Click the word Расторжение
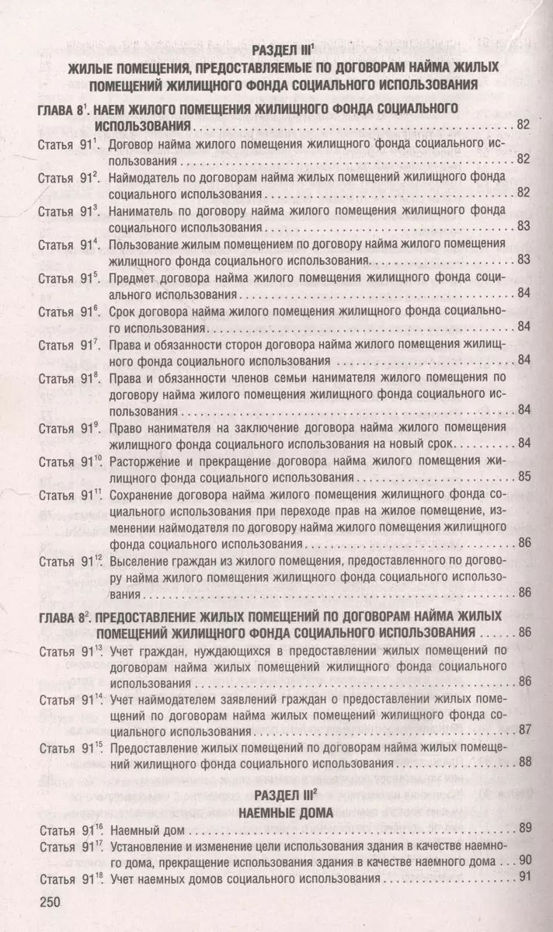click(x=144, y=461)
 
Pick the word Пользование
click(x=144, y=244)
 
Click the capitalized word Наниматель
click(x=141, y=210)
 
